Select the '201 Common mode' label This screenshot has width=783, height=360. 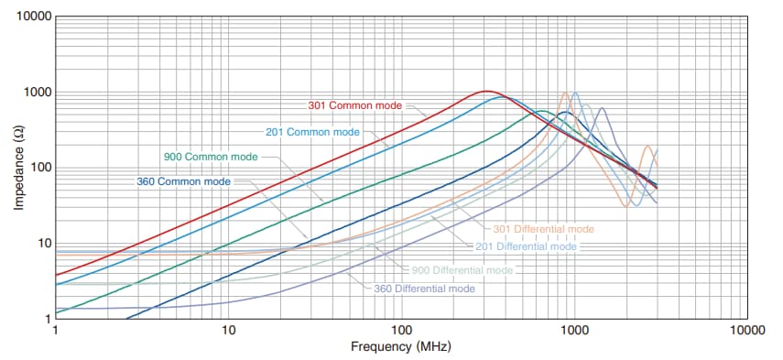(312, 132)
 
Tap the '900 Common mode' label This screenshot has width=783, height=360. (211, 157)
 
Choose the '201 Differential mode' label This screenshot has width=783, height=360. (527, 246)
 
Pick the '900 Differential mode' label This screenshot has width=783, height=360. (463, 270)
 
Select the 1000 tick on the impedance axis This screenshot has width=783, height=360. (37, 93)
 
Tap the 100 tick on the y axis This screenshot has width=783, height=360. (39, 169)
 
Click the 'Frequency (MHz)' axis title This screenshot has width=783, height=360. (400, 347)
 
